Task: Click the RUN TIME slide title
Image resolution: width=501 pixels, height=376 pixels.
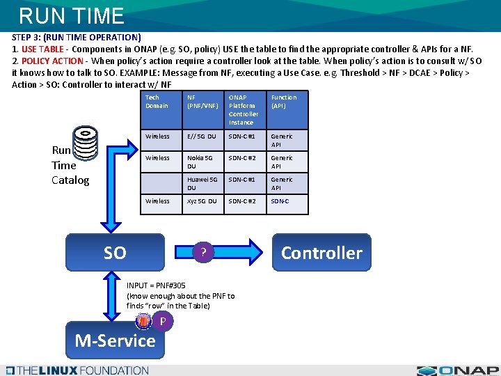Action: pyautogui.click(x=71, y=15)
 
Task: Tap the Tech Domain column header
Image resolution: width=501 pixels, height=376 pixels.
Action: pyautogui.click(x=157, y=102)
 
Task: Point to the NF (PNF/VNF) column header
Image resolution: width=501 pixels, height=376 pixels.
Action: pyautogui.click(x=202, y=102)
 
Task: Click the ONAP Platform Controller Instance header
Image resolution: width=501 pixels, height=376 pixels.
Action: pyautogui.click(x=244, y=110)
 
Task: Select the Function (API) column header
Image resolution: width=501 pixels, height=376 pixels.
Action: pyautogui.click(x=284, y=102)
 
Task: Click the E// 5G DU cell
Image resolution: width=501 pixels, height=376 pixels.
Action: pyautogui.click(x=201, y=136)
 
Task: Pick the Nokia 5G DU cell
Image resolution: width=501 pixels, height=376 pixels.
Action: pyautogui.click(x=199, y=162)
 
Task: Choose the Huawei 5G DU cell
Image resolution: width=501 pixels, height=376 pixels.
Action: pyautogui.click(x=201, y=184)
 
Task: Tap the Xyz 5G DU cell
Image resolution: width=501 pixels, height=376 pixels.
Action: pyautogui.click(x=201, y=201)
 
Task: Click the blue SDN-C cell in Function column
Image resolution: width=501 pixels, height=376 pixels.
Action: pyautogui.click(x=280, y=201)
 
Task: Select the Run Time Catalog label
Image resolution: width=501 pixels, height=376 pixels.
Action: pyautogui.click(x=70, y=165)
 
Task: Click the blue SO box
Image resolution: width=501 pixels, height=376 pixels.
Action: pyautogui.click(x=115, y=252)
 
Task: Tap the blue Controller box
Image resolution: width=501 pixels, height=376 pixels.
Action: pyautogui.click(x=321, y=252)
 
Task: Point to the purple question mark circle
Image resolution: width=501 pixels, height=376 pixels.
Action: pyautogui.click(x=202, y=252)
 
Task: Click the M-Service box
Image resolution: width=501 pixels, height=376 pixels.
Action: pyautogui.click(x=115, y=340)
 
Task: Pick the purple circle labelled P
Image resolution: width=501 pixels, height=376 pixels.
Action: pyautogui.click(x=161, y=321)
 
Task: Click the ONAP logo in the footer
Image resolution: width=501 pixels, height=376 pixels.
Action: pyautogui.click(x=459, y=370)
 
